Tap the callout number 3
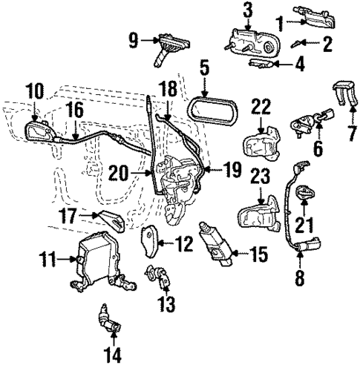[247, 10]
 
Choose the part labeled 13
[160, 277]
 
